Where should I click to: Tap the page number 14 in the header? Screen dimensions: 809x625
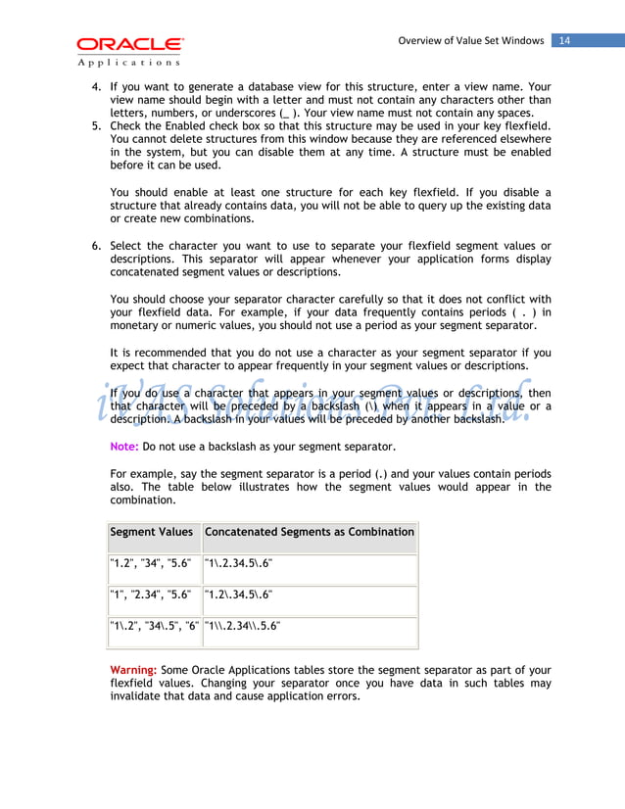(x=566, y=40)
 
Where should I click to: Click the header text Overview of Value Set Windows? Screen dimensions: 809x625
(x=470, y=40)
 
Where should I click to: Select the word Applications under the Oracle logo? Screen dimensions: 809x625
(x=128, y=62)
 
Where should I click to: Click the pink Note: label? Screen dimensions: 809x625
(x=124, y=447)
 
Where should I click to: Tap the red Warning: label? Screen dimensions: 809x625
(x=134, y=669)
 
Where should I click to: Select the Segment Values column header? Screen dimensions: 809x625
(x=152, y=532)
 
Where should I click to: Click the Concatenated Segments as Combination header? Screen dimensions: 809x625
(x=309, y=532)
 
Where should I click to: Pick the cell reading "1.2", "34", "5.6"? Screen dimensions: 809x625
(x=152, y=563)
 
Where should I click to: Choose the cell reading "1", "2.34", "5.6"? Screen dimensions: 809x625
(x=151, y=595)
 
